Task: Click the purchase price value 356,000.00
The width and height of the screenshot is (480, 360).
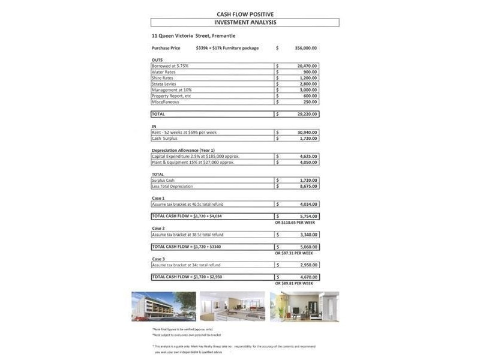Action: pos(306,48)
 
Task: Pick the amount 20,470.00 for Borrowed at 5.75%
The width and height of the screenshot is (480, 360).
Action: pos(306,66)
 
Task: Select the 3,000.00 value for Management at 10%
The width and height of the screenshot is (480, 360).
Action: pos(307,90)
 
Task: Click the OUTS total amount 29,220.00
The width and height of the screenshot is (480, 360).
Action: pos(306,114)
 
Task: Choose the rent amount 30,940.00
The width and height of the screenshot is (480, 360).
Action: pos(306,132)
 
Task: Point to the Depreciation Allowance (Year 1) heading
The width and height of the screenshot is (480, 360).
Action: pos(183,150)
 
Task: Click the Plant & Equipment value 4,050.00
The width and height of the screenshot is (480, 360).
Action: pos(307,162)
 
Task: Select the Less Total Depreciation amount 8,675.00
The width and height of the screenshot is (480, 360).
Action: pos(307,186)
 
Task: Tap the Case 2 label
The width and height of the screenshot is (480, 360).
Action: pos(158,229)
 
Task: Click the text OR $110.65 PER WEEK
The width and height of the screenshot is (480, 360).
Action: pos(295,223)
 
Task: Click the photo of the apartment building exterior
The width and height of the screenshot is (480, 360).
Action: pos(164,307)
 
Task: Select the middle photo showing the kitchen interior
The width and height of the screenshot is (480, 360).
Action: pos(232,307)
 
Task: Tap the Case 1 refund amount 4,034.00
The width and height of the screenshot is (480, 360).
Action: pos(307,204)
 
